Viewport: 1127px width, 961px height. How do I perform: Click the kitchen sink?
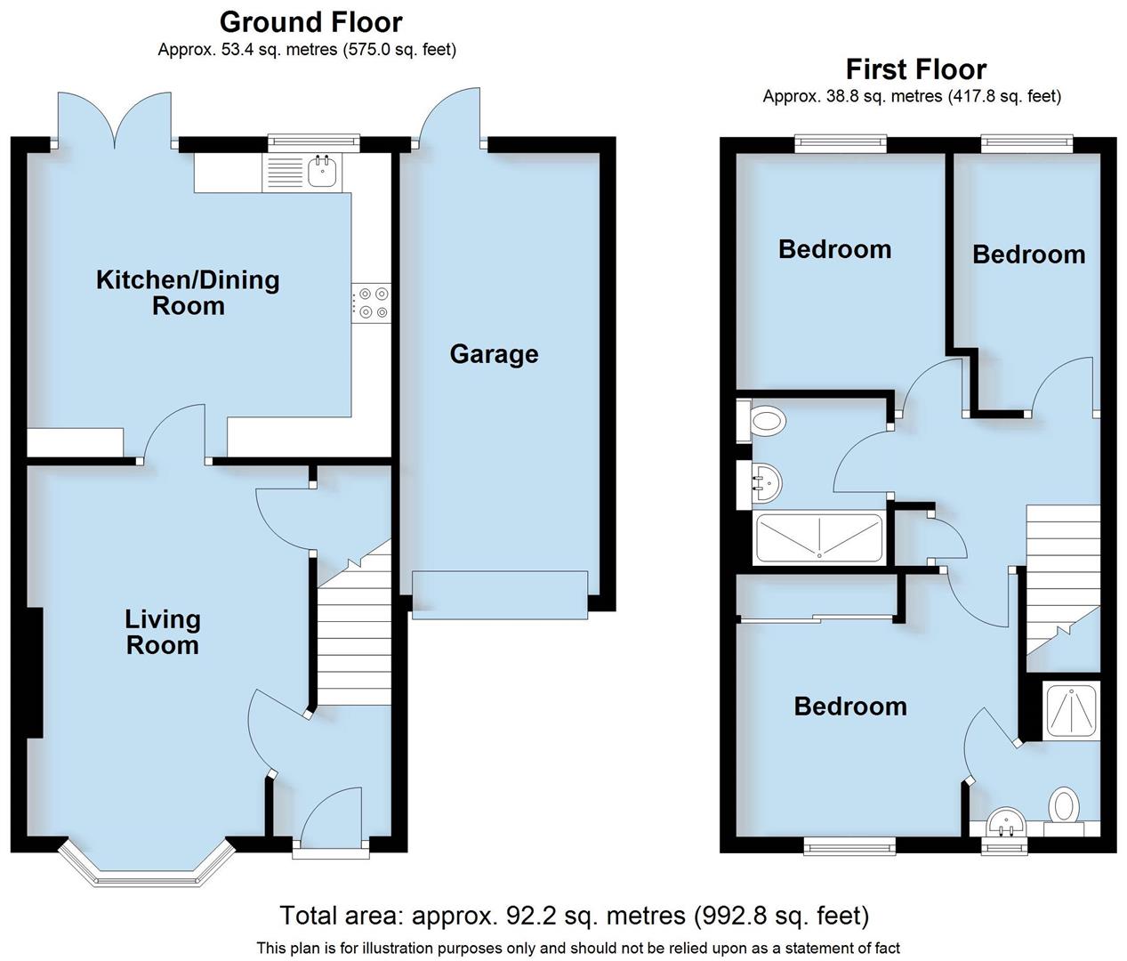point(322,172)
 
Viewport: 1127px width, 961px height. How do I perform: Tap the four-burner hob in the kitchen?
point(372,302)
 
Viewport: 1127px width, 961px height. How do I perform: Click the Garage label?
point(494,354)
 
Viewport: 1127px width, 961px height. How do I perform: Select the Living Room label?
point(162,632)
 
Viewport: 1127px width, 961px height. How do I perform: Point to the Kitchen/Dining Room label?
point(188,293)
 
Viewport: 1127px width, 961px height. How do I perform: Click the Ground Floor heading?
point(310,21)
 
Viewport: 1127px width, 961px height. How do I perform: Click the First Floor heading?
point(915,69)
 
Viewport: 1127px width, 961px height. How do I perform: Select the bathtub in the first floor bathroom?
point(818,538)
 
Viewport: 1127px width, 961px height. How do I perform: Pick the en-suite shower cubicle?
point(1070,712)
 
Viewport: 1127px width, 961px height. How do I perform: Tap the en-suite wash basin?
point(1007,822)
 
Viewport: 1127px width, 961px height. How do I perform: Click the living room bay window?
point(147,868)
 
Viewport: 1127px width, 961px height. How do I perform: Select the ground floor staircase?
point(354,632)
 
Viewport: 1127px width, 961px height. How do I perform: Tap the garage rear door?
point(451,116)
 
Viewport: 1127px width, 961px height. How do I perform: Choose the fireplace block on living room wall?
point(34,673)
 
